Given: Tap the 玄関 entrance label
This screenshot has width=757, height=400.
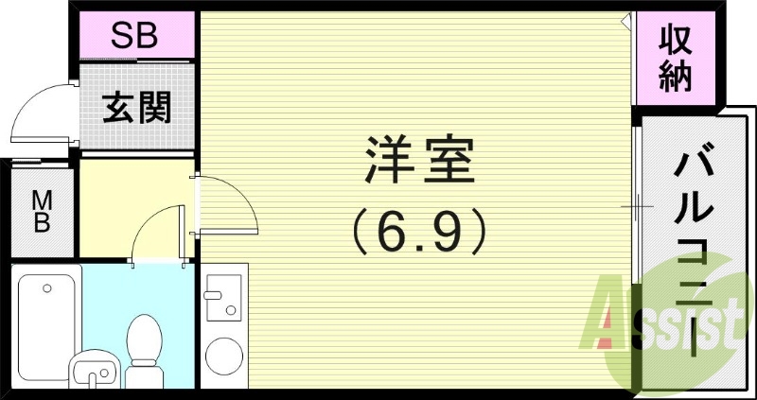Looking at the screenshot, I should pos(136,109).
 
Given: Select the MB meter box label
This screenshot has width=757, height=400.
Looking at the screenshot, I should pos(42,211).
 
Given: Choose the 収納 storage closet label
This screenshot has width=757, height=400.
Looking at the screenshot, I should pos(676,60).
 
